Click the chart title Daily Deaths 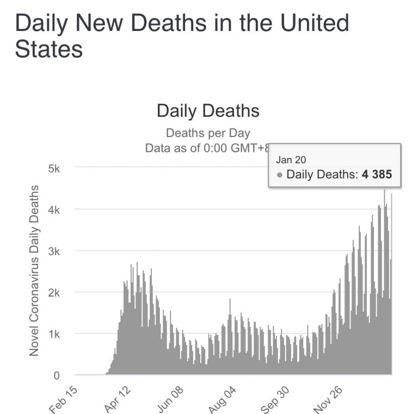208,110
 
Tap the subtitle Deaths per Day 208,133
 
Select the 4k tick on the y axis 53,209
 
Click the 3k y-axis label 53,251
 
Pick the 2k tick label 53,292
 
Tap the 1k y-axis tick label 53,333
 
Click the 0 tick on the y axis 57,375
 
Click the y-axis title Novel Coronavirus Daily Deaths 34,271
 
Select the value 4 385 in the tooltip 377,175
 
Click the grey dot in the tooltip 280,175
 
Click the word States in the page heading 49,49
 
